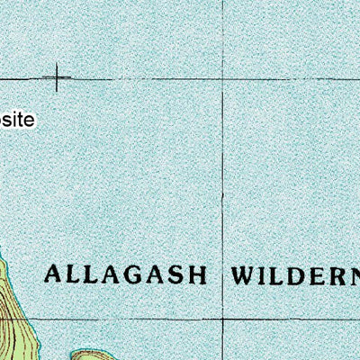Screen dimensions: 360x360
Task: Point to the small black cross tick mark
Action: (x=58, y=77)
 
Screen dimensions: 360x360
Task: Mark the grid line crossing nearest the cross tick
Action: (x=224, y=80)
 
